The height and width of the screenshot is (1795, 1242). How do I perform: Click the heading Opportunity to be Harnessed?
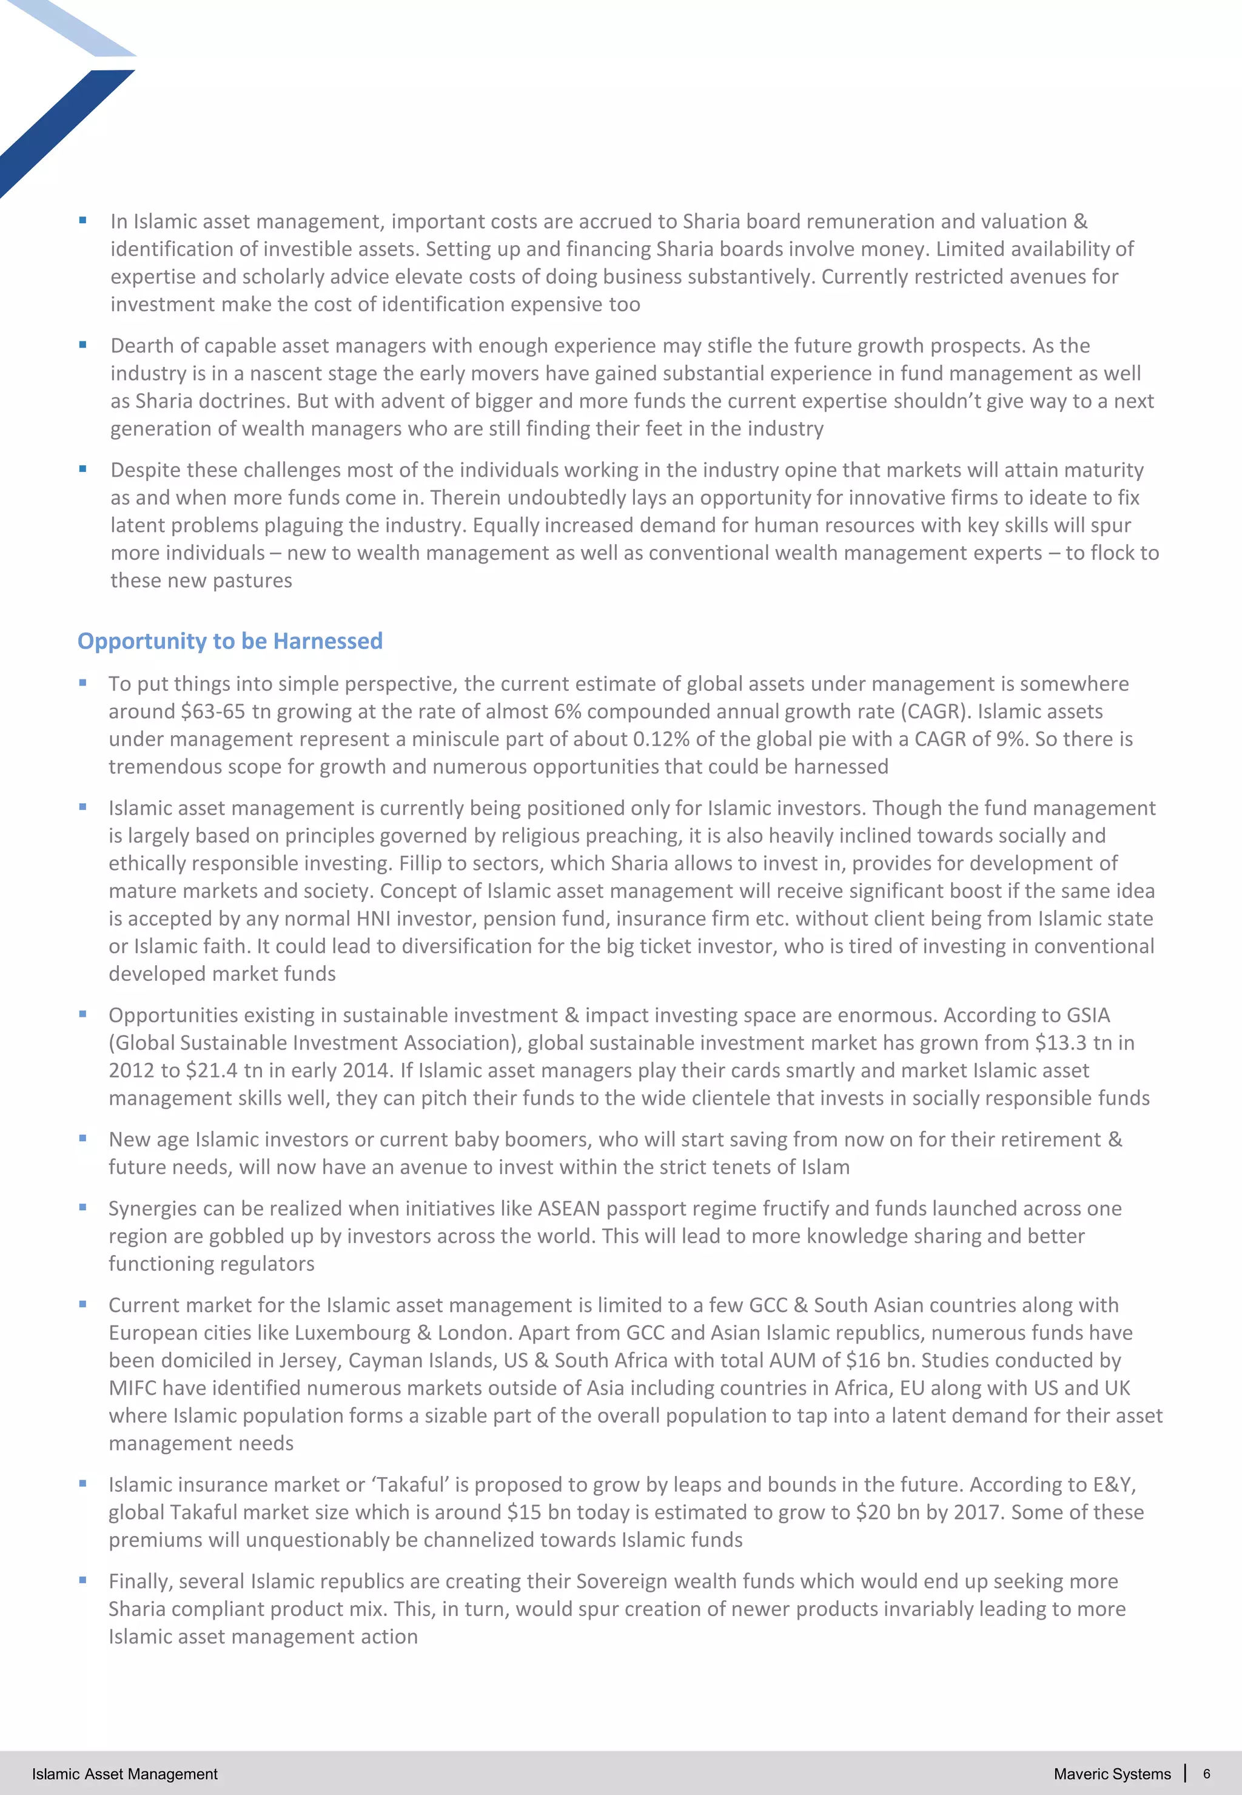pyautogui.click(x=230, y=641)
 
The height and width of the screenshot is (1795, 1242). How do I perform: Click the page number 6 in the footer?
pyautogui.click(x=1206, y=1773)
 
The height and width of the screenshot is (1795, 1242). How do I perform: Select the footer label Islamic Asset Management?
pyautogui.click(x=124, y=1773)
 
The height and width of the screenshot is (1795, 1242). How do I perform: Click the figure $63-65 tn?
pyautogui.click(x=220, y=712)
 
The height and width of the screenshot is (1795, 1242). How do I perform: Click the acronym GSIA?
pyautogui.click(x=1088, y=1015)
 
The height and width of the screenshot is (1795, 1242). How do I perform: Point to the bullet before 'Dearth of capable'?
pyautogui.click(x=82, y=345)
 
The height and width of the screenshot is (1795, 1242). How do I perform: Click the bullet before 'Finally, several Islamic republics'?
pyautogui.click(x=82, y=1580)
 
